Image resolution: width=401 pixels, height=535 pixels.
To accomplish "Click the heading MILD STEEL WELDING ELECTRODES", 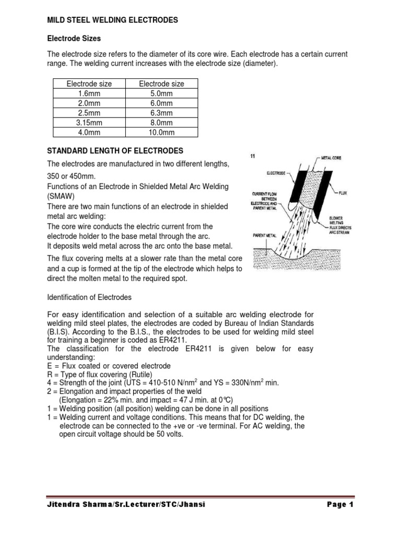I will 113,20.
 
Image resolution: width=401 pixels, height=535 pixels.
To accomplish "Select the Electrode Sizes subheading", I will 74,38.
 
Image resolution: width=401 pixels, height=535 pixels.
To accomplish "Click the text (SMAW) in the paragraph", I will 61,196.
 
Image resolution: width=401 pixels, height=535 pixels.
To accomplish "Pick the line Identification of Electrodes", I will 89,297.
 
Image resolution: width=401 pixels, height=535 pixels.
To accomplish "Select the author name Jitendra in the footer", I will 67,505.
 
